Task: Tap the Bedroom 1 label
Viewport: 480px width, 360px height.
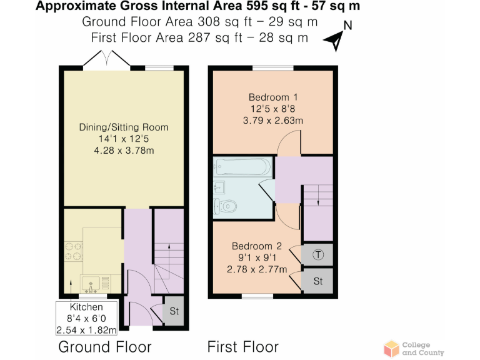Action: [x=272, y=97]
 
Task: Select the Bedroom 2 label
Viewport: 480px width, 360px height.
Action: [x=256, y=246]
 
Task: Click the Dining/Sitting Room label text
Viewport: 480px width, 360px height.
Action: [x=124, y=127]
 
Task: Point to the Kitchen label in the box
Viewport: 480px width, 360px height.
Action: [x=86, y=307]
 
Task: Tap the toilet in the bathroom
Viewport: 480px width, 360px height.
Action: [x=225, y=205]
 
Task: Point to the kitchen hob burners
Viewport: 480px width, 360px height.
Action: [x=72, y=250]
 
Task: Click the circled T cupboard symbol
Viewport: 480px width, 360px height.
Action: [x=318, y=254]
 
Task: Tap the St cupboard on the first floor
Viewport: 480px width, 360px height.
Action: [x=318, y=281]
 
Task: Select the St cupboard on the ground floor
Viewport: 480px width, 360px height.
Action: [x=173, y=310]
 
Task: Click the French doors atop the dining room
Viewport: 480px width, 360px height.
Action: [x=107, y=60]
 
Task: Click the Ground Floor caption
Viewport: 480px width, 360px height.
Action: [x=104, y=346]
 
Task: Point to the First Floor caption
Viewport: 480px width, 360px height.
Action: [x=243, y=346]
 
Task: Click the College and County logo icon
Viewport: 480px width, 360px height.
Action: [x=391, y=348]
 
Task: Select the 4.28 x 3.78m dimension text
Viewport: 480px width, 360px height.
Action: [x=124, y=150]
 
